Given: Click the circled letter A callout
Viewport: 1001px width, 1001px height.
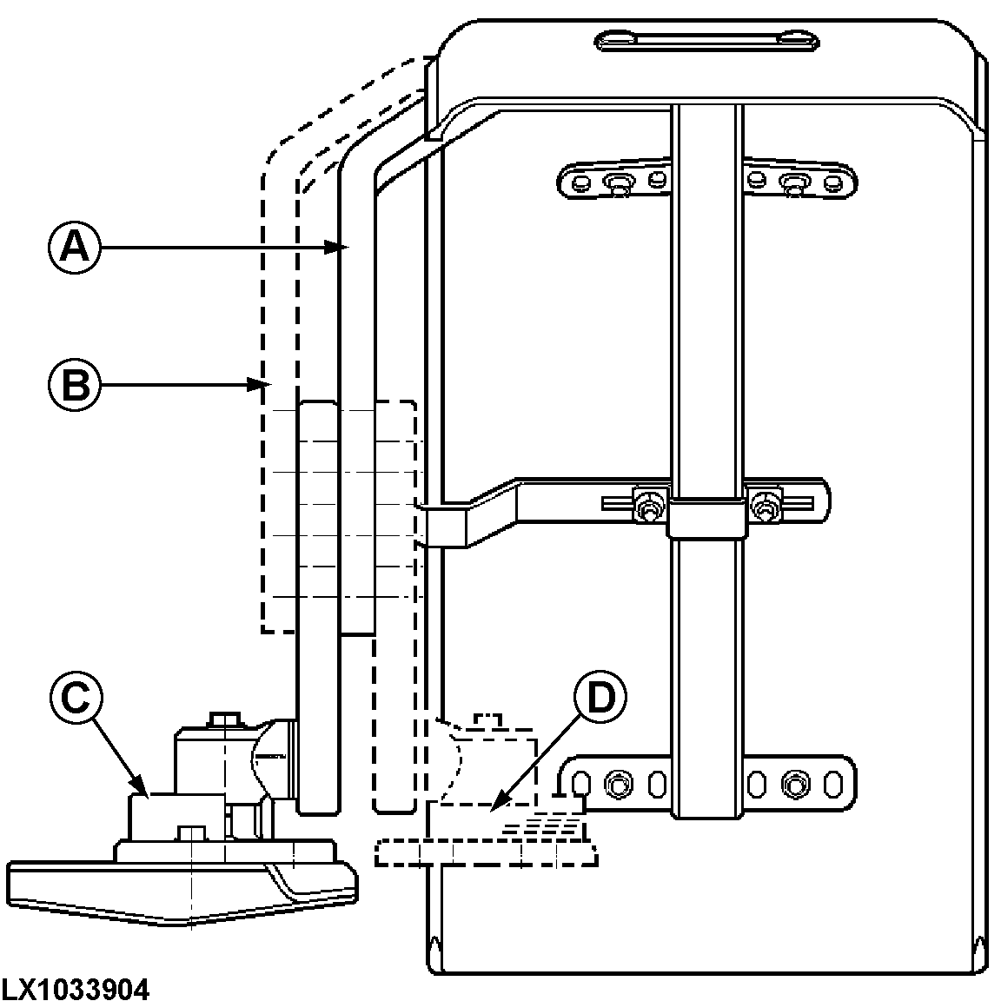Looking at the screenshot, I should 74,249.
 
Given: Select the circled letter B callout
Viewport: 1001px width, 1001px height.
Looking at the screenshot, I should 74,383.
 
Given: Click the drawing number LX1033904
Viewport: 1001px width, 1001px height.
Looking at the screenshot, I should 76,988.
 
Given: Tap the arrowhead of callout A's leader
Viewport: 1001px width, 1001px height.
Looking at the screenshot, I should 341,249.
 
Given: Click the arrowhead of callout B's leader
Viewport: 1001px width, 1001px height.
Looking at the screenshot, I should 257,383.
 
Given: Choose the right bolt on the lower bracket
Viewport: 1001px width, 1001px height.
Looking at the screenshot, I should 791,785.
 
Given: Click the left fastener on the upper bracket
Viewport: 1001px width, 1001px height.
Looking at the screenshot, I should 618,183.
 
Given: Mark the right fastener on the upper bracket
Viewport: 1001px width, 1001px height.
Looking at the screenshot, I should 792,183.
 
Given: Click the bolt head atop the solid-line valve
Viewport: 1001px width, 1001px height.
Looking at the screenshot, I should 224,719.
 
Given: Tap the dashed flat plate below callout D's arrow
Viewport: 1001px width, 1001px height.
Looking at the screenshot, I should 487,853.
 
